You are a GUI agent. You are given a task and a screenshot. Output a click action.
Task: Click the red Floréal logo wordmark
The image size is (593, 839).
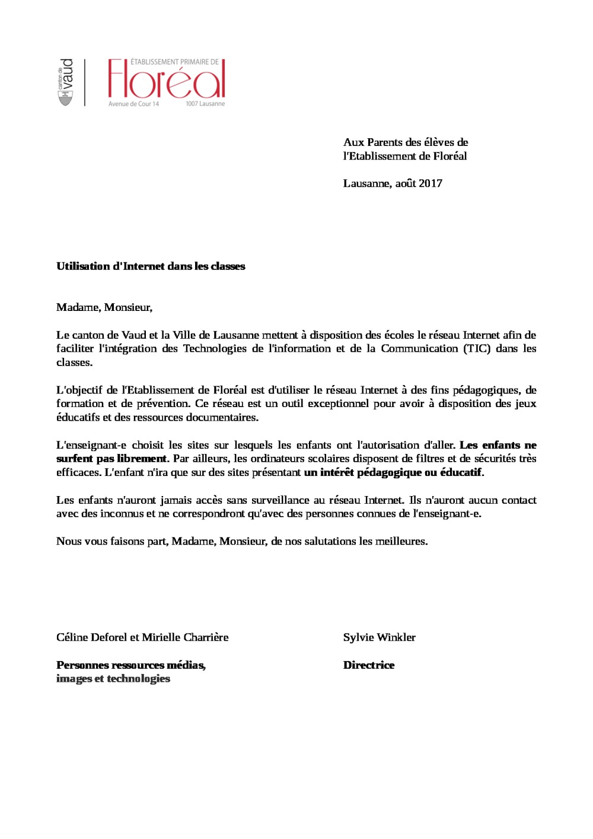pos(166,80)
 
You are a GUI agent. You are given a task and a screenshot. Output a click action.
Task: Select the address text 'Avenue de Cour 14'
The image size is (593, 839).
pos(133,104)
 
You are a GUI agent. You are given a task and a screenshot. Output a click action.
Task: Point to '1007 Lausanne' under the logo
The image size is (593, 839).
pos(205,104)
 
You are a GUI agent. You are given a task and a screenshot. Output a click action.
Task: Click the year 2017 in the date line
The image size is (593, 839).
pos(431,183)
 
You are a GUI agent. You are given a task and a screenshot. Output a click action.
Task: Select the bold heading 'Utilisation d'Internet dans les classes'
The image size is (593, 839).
pos(151,266)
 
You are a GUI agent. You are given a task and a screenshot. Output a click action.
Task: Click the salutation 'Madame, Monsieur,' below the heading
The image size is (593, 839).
pos(104,307)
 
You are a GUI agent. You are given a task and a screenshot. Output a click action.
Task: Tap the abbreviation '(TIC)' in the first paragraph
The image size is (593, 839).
pos(477,349)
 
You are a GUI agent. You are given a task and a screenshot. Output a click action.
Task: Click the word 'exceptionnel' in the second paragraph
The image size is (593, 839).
pos(338,403)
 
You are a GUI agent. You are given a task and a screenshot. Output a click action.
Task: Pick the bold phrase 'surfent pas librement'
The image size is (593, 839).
pos(112,459)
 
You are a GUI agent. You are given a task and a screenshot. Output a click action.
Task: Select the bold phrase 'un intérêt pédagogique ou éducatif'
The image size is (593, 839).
pos(393,473)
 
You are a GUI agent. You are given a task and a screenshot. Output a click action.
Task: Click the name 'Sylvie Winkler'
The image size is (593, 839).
pos(379,637)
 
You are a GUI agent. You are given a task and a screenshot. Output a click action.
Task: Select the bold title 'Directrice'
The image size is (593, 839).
pos(368,665)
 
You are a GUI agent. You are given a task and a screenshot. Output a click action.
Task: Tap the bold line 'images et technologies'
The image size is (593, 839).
pos(113,679)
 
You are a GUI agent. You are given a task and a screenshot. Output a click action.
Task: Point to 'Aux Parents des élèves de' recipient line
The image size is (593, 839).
pos(406,142)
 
